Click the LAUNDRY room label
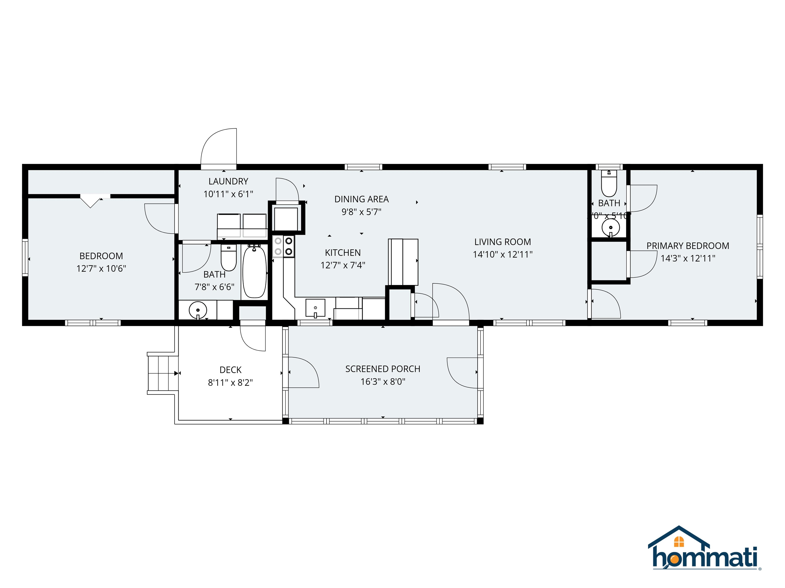click(228, 181)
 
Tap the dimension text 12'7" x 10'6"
click(101, 269)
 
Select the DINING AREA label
click(361, 199)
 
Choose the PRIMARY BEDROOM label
click(687, 246)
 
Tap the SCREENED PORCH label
click(383, 369)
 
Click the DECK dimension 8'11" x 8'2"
click(230, 383)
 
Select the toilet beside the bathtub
click(228, 258)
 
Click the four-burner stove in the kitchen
click(283, 246)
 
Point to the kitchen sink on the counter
click(315, 308)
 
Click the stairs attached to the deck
click(162, 373)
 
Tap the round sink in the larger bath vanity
click(198, 311)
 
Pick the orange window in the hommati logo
click(678, 542)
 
